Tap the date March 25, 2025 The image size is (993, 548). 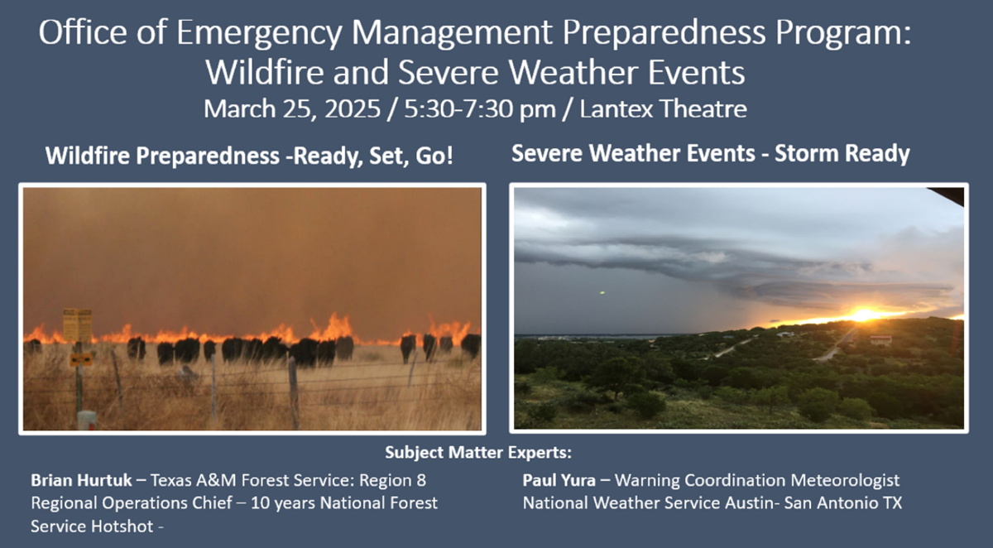tap(292, 109)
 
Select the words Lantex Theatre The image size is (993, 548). tap(663, 108)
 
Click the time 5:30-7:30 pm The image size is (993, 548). tap(480, 109)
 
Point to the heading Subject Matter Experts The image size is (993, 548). tap(478, 453)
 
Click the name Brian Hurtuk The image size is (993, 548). tap(82, 480)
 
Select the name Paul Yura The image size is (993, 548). tap(559, 480)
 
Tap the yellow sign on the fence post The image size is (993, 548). tap(77, 325)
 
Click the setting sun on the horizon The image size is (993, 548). tap(864, 315)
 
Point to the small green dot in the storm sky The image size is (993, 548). tap(602, 292)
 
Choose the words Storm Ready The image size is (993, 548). tap(842, 154)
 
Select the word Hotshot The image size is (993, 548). tap(122, 526)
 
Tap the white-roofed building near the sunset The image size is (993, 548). tap(880, 340)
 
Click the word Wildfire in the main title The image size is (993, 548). tap(265, 72)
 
